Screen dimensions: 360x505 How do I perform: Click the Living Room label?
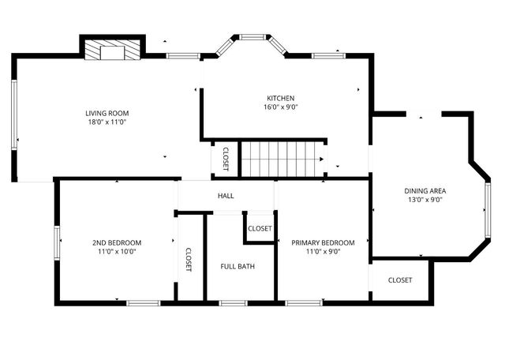tap(107, 113)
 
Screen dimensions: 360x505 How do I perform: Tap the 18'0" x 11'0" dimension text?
tap(107, 122)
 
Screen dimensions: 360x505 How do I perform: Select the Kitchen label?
tap(280, 98)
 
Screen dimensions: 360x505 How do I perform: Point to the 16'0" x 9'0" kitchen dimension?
tap(280, 107)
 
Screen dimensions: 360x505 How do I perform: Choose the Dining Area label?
tap(425, 191)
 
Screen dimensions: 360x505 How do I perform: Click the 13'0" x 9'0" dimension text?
tap(425, 201)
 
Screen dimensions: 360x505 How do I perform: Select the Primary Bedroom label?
tap(323, 242)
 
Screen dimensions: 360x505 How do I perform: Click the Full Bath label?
tap(237, 266)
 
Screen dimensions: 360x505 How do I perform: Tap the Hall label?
tap(226, 195)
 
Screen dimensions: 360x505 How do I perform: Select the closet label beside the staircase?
tap(226, 159)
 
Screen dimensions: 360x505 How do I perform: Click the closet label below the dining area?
tap(400, 280)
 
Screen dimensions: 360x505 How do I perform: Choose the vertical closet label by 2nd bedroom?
tap(189, 261)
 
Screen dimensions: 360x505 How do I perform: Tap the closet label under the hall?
tap(260, 228)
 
